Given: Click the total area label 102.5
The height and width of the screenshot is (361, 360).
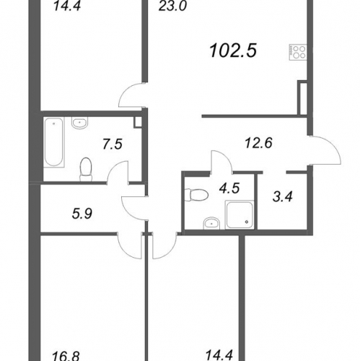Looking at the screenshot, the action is click(233, 51).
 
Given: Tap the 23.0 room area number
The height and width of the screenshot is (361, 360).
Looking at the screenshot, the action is click(172, 6).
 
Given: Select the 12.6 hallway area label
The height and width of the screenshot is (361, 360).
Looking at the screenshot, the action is click(258, 143).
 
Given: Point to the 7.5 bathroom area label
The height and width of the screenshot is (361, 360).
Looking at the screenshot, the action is click(113, 144).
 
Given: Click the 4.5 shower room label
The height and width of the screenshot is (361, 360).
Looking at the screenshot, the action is click(229, 188).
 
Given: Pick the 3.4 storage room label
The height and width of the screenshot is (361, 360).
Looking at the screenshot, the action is click(283, 196).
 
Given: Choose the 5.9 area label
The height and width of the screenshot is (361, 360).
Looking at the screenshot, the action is click(82, 214).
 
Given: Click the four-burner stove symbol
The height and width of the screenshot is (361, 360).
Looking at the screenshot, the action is click(298, 52).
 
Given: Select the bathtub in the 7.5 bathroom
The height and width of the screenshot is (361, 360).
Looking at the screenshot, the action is click(54, 142).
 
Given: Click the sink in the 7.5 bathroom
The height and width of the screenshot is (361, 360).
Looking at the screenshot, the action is click(80, 123).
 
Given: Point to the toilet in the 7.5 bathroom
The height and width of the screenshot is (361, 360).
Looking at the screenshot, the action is click(86, 170).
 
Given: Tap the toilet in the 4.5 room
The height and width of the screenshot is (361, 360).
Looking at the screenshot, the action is click(196, 195).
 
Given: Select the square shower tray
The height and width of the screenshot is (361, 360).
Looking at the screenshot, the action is click(240, 214).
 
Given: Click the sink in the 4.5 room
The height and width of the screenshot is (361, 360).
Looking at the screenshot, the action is click(211, 223).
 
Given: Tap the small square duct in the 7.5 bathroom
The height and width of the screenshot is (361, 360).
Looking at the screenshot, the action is click(138, 122).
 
